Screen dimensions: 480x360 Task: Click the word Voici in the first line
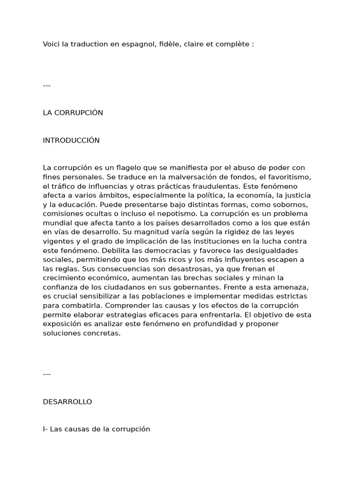[52, 44]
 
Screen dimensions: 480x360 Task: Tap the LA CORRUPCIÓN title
[73, 113]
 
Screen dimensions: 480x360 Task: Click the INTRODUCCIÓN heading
[71, 141]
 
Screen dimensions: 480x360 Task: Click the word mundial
[56, 223]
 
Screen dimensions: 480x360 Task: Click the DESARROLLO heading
[67, 402]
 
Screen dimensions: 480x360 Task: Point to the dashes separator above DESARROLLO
[46, 374]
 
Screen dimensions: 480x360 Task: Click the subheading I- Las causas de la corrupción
[97, 429]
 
